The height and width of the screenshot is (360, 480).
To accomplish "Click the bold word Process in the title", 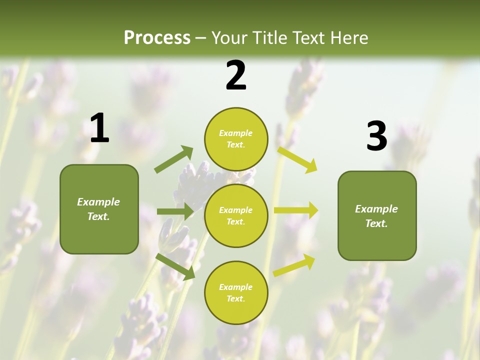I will pyautogui.click(x=157, y=37).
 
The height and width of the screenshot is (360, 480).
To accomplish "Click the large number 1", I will pyautogui.click(x=99, y=128).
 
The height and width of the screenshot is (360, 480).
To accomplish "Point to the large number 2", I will pyautogui.click(x=236, y=75).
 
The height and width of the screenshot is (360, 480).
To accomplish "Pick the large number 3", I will pyautogui.click(x=377, y=136).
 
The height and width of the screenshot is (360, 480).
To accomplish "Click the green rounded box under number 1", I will pyautogui.click(x=99, y=209).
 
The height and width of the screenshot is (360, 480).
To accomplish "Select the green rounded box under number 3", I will pyautogui.click(x=377, y=216).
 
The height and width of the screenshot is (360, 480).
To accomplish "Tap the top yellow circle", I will pyautogui.click(x=236, y=139).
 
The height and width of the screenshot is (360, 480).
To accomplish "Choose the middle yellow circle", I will pyautogui.click(x=236, y=215).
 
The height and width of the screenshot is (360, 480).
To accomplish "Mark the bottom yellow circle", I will pyautogui.click(x=236, y=292).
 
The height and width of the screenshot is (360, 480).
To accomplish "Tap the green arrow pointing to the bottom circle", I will pyautogui.click(x=175, y=266).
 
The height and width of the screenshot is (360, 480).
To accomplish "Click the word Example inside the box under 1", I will pyautogui.click(x=98, y=202).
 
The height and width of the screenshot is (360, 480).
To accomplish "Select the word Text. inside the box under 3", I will pyautogui.click(x=376, y=223).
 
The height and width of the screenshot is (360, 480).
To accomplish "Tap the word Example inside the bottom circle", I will pyautogui.click(x=235, y=287).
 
